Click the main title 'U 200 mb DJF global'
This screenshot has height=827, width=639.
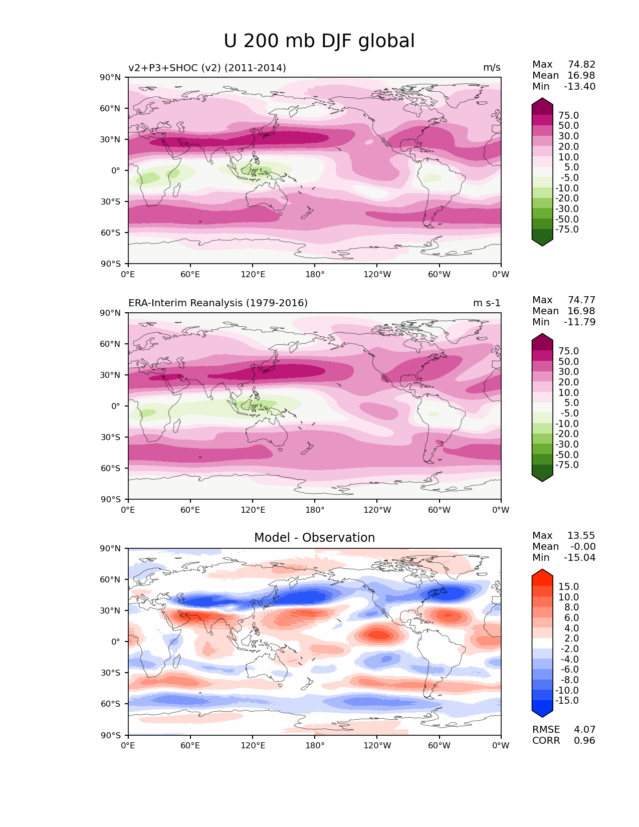(x=319, y=41)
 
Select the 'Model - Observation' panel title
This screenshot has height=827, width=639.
(x=314, y=538)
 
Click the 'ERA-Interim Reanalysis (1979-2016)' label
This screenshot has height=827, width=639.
(x=218, y=303)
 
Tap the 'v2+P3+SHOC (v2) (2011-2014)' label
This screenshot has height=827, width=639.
(x=207, y=68)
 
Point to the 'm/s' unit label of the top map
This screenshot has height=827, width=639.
(x=492, y=68)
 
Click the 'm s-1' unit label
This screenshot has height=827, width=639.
(x=487, y=303)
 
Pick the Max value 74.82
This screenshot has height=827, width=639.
(x=581, y=64)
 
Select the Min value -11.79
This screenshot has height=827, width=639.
(x=580, y=322)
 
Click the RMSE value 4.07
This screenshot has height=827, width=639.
(x=584, y=729)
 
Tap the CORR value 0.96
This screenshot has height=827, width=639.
(x=584, y=740)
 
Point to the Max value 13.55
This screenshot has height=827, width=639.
(x=581, y=535)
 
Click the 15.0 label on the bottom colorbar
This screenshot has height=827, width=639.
(x=568, y=586)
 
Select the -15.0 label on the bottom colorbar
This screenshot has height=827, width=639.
(x=567, y=700)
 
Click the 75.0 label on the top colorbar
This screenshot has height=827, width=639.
(x=568, y=115)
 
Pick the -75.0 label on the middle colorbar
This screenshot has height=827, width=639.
(x=567, y=465)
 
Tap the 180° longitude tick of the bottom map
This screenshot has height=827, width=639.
(x=315, y=745)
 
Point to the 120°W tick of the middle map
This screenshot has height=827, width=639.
(x=377, y=510)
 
